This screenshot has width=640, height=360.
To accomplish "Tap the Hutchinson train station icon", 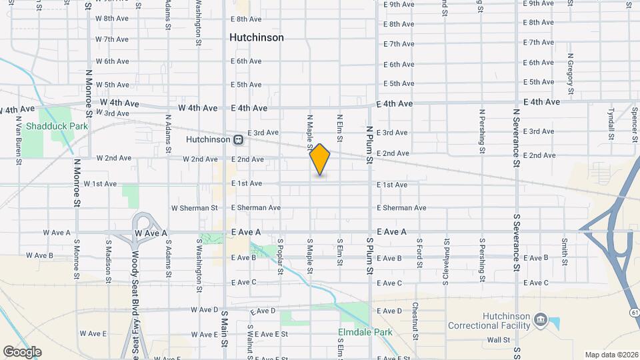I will click(x=238, y=140).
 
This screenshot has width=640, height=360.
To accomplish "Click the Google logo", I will click(x=22, y=352).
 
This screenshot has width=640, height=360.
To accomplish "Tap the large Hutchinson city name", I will click(x=256, y=38).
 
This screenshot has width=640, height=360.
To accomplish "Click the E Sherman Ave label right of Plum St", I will click(x=401, y=208).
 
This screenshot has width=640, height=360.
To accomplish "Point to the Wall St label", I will click(x=498, y=339).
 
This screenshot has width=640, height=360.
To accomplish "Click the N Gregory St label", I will click(x=571, y=73).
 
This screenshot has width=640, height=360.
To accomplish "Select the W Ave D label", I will click(x=205, y=310).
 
